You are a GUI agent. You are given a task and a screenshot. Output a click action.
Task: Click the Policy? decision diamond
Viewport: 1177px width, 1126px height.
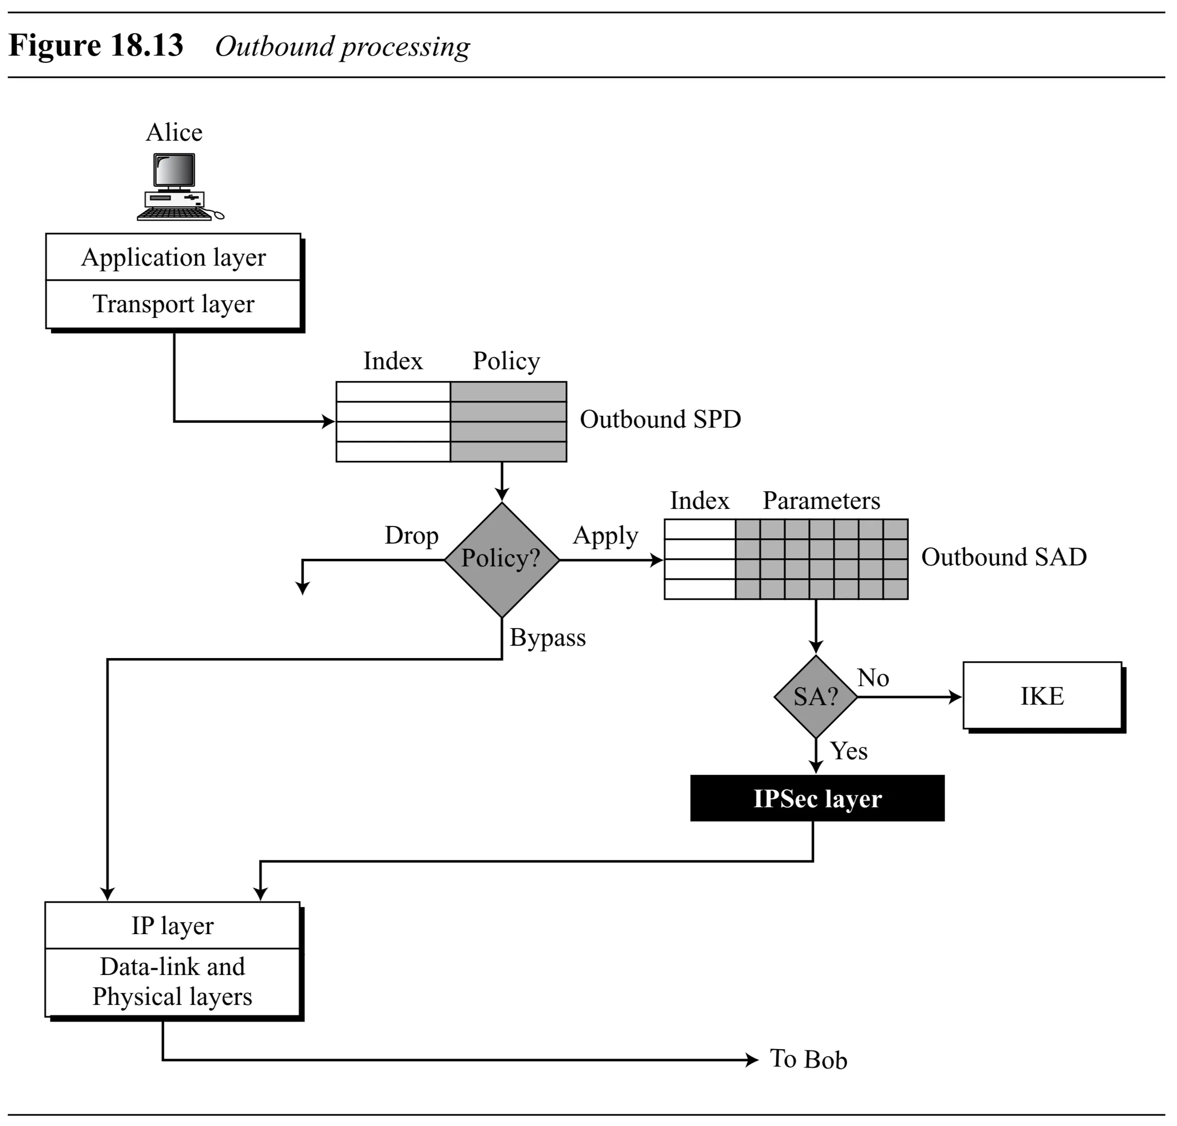pos(501,559)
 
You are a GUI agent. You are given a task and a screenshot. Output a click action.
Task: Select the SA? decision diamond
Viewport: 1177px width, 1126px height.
pos(815,696)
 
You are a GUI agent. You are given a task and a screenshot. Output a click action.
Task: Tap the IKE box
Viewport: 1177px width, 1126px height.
pos(1042,696)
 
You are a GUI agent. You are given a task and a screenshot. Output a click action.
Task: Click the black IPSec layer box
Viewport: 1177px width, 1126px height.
pos(817,798)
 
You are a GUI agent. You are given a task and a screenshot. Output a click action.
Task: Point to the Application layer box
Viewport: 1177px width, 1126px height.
pos(173,257)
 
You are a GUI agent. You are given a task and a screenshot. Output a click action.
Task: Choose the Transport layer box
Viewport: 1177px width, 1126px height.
pos(173,304)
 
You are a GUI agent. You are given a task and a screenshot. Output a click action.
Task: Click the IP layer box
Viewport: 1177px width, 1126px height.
pos(172,926)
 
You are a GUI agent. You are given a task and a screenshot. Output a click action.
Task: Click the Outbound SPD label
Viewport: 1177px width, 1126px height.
pos(660,419)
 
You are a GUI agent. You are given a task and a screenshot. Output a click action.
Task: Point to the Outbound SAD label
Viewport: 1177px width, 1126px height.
pos(1004,557)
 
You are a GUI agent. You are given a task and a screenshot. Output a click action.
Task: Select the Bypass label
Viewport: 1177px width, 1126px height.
pos(547,638)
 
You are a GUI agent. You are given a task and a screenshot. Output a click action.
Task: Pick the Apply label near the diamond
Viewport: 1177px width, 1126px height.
pos(605,535)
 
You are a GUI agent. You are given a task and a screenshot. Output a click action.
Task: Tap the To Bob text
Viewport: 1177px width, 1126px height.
pos(808,1059)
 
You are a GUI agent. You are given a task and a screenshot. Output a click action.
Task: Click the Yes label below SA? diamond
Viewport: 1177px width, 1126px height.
pos(848,751)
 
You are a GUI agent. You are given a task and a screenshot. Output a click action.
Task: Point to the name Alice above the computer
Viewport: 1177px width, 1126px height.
pos(174,132)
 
